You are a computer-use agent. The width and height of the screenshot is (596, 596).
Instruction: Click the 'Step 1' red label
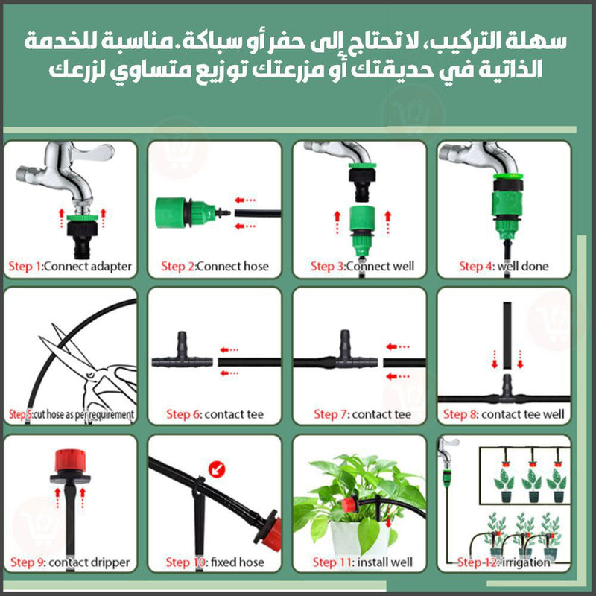pyautogui.click(x=25, y=267)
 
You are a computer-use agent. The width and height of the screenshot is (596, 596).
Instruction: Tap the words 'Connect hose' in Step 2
pyautogui.click(x=232, y=267)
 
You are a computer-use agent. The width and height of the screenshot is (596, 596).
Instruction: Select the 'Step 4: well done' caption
pyautogui.click(x=504, y=267)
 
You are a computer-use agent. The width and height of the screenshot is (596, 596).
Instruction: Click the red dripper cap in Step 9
pyautogui.click(x=70, y=460)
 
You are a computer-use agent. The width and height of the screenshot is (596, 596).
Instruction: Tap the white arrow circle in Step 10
pyautogui.click(x=217, y=470)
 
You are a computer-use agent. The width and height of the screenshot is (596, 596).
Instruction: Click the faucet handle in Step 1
pyautogui.click(x=93, y=151)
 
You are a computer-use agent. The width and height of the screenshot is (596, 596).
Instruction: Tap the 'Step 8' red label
pyautogui.click(x=460, y=414)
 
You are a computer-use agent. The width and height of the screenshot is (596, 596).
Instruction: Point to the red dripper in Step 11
pyautogui.click(x=349, y=504)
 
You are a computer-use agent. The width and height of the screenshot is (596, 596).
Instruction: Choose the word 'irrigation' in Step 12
pyautogui.click(x=526, y=562)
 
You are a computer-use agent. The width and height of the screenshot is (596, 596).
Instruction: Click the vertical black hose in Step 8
pyautogui.click(x=507, y=336)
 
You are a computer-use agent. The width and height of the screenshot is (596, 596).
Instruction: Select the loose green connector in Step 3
pyautogui.click(x=362, y=230)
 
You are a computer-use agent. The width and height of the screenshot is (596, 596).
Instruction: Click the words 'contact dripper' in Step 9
pyautogui.click(x=89, y=562)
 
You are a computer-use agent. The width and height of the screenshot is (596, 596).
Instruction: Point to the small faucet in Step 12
pyautogui.click(x=447, y=451)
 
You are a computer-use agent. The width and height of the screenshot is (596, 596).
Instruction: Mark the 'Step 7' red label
pyautogui.click(x=330, y=414)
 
